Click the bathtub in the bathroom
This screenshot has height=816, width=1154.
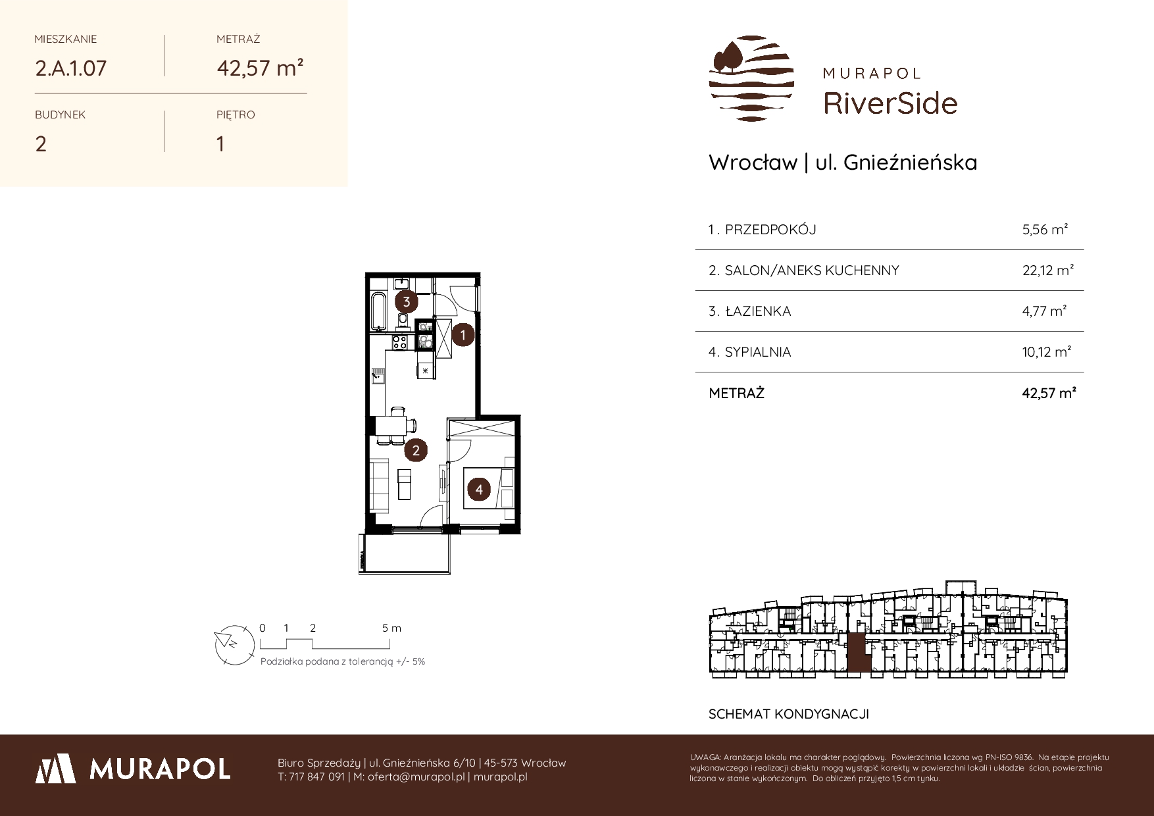click(378, 312)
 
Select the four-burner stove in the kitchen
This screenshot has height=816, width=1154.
click(399, 342)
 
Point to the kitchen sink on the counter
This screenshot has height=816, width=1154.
click(378, 376)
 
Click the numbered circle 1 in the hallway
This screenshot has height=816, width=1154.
click(463, 335)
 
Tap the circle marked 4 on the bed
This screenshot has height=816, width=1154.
click(480, 490)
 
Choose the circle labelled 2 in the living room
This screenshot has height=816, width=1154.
click(416, 450)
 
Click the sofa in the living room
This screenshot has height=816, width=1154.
click(380, 488)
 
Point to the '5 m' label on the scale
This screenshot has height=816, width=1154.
click(391, 628)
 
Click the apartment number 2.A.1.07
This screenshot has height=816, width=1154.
click(71, 68)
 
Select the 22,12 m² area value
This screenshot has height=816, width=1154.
click(1048, 270)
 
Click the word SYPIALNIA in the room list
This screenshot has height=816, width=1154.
click(758, 352)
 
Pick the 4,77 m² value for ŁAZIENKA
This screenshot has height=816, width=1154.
click(1045, 311)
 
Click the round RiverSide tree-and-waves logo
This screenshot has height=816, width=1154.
click(751, 78)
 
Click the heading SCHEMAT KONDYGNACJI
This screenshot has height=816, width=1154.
click(789, 714)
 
